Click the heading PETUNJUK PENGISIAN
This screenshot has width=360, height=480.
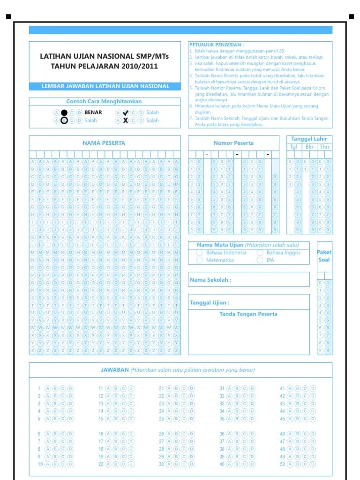click(216, 45)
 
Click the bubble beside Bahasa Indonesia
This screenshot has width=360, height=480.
click(199, 253)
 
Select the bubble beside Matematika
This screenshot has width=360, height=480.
click(199, 260)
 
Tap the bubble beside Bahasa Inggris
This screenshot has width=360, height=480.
click(260, 253)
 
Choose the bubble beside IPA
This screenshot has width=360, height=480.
click(260, 260)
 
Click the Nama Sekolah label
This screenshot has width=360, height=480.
click(210, 280)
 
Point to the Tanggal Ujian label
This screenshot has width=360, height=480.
click(210, 303)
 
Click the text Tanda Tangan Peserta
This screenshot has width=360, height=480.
click(248, 314)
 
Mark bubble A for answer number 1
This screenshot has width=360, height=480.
click(47, 389)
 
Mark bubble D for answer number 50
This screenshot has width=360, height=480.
click(313, 464)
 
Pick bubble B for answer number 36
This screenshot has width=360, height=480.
click(237, 434)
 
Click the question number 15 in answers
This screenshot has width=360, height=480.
click(101, 419)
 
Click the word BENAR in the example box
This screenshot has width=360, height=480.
click(93, 112)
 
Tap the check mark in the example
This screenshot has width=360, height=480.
click(125, 112)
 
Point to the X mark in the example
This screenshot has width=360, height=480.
click(125, 120)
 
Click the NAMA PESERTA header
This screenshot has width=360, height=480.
click(104, 143)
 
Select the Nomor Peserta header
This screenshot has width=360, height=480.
click(233, 143)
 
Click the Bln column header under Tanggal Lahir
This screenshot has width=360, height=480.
click(309, 147)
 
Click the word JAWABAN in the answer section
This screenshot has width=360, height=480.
click(115, 370)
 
